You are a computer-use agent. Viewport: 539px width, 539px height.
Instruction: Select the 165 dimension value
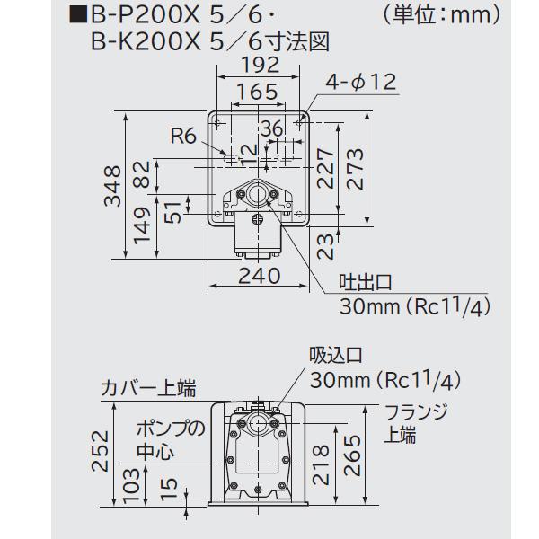(x=258, y=93)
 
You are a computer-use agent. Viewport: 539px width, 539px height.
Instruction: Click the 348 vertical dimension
(x=112, y=186)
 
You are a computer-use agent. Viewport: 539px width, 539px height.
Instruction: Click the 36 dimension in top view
(x=271, y=128)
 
